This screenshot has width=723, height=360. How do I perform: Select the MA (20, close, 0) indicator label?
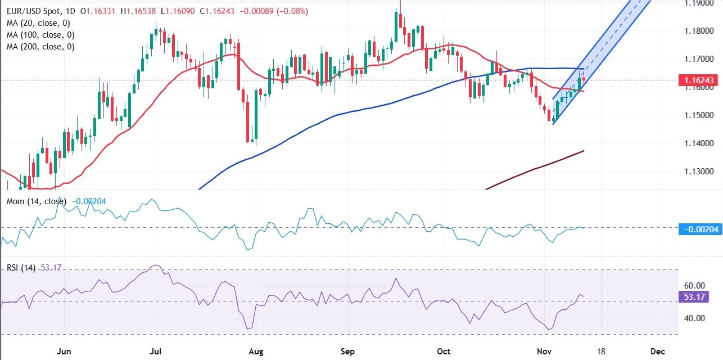tap(38, 22)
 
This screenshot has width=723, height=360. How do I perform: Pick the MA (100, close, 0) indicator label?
tap(40, 35)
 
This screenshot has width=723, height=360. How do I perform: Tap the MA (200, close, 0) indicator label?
tap(40, 47)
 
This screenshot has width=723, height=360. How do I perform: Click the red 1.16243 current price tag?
tap(700, 80)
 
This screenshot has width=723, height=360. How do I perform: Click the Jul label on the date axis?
tap(157, 351)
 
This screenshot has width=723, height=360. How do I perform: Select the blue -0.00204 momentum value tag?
tap(701, 229)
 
